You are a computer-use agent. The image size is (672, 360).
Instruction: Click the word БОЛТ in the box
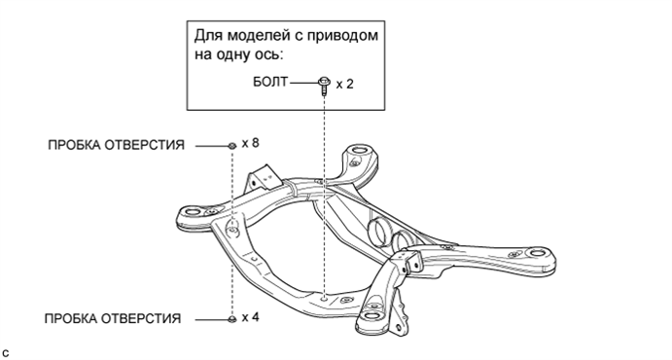click(270, 85)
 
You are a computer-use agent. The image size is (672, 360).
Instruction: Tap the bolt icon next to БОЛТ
click(325, 86)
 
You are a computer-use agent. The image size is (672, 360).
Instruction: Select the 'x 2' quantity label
click(344, 85)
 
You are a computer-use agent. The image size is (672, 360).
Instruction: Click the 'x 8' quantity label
click(251, 143)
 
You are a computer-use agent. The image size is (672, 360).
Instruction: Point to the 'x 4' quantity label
click(251, 318)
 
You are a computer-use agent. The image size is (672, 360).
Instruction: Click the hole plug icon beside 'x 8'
click(231, 145)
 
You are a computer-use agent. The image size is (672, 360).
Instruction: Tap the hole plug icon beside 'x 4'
click(231, 319)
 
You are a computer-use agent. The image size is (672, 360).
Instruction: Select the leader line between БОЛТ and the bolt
click(303, 85)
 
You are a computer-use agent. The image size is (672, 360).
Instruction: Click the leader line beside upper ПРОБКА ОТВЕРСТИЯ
click(209, 145)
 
